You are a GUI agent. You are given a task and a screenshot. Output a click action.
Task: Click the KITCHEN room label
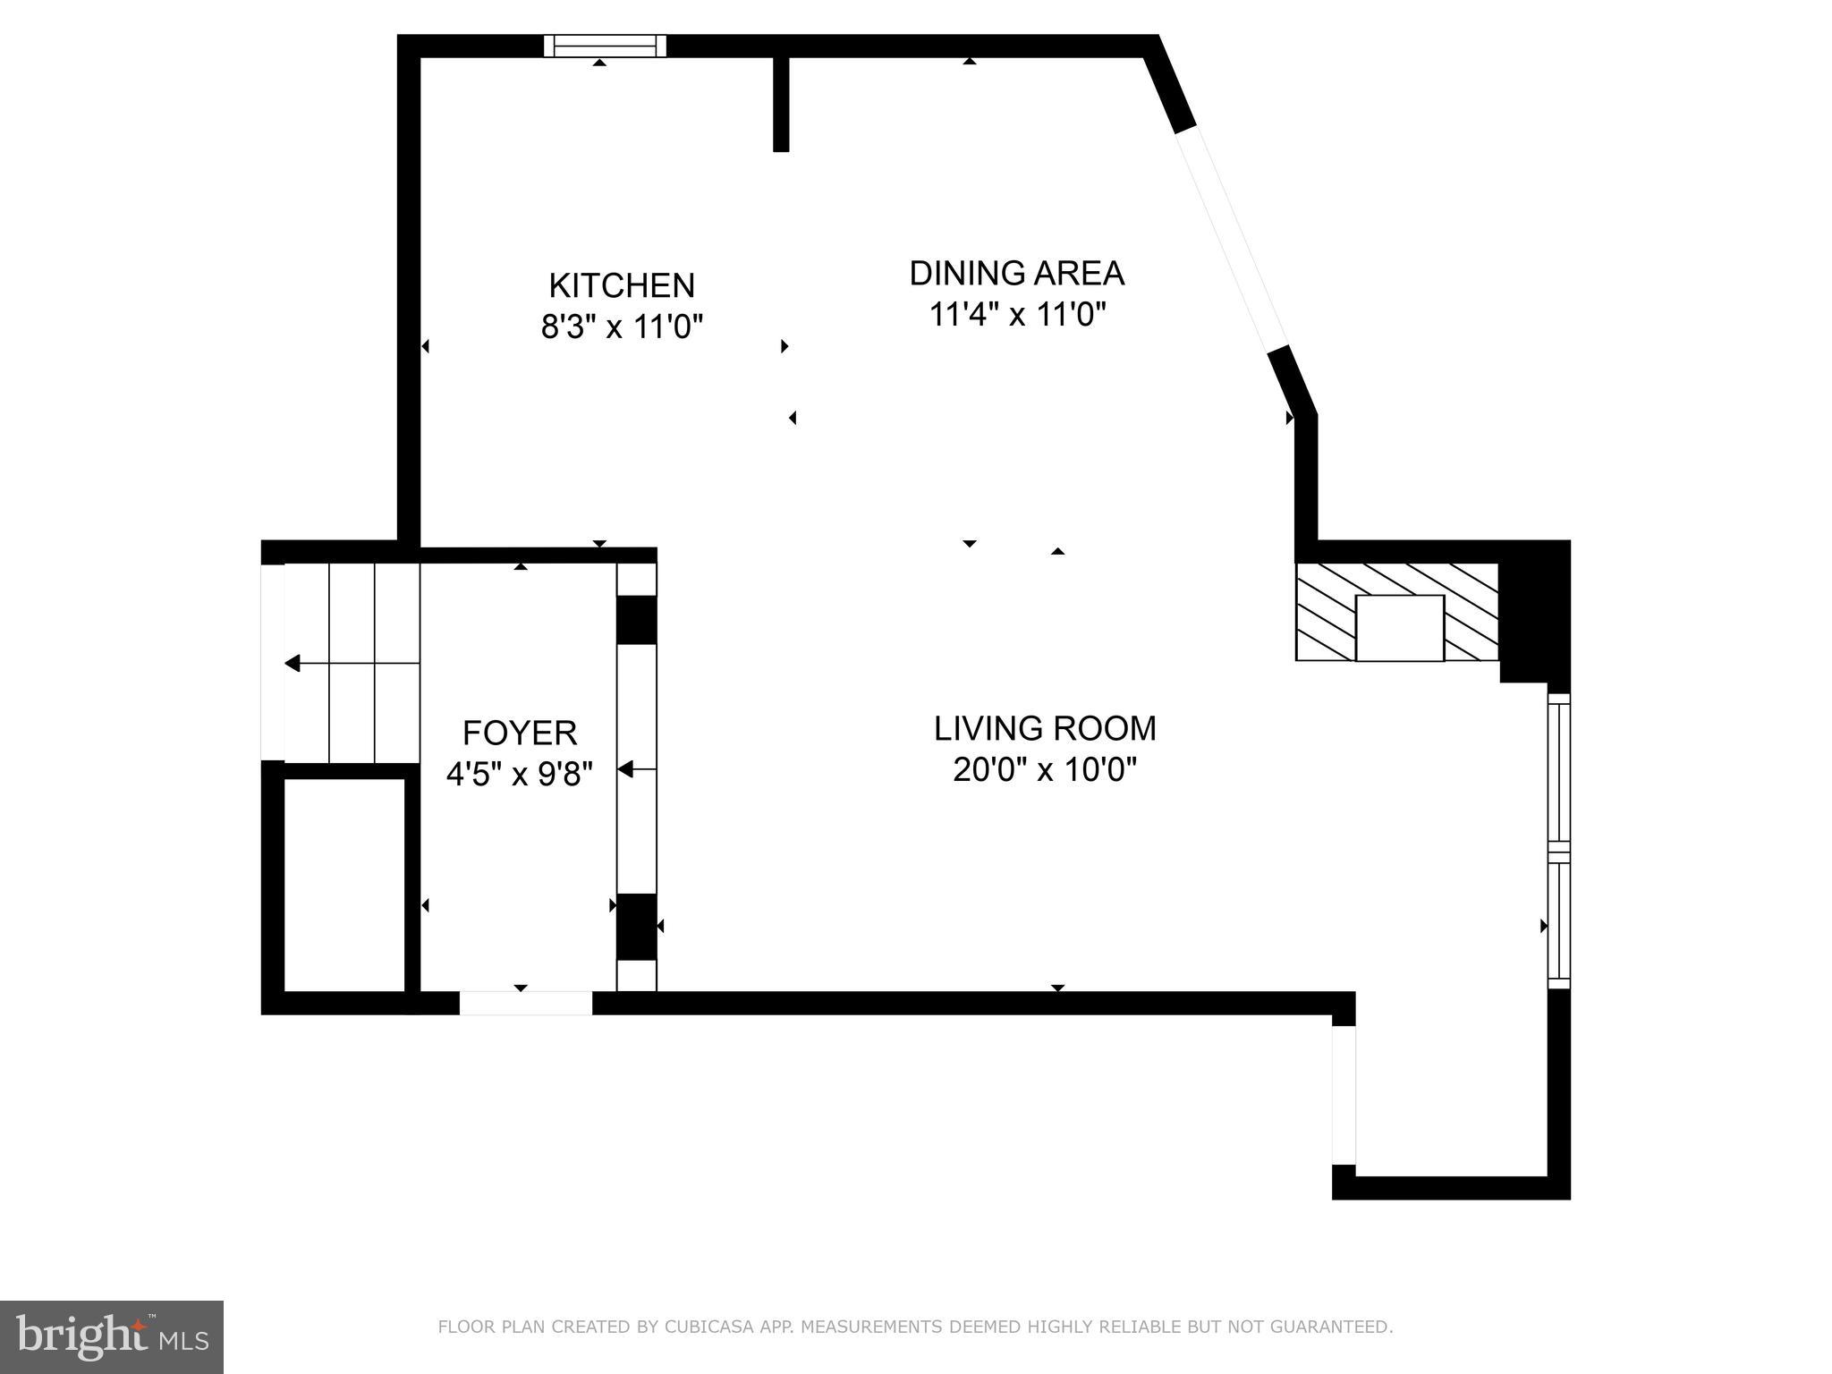(621, 285)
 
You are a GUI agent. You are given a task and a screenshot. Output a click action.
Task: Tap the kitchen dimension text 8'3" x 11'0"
(622, 327)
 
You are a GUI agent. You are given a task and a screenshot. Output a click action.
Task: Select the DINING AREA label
(1016, 273)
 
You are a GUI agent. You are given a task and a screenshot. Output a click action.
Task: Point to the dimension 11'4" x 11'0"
(1017, 315)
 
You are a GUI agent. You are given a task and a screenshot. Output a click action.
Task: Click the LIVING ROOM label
(1045, 728)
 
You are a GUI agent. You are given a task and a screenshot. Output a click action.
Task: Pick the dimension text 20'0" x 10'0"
(1045, 769)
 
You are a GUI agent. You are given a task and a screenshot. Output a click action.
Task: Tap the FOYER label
(519, 733)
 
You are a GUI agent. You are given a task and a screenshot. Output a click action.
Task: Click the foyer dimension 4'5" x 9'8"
(519, 774)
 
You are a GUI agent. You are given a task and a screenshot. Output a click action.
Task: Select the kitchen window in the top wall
(606, 46)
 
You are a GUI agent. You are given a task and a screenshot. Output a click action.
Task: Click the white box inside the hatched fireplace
(1399, 628)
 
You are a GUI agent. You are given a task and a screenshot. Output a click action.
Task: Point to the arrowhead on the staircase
(293, 663)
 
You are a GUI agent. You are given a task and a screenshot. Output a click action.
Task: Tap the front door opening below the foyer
(525, 1003)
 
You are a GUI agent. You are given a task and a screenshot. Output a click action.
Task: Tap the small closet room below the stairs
(344, 884)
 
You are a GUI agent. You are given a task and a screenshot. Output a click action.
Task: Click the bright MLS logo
(111, 1336)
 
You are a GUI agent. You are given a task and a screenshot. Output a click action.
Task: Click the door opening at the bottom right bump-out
(1344, 1095)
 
